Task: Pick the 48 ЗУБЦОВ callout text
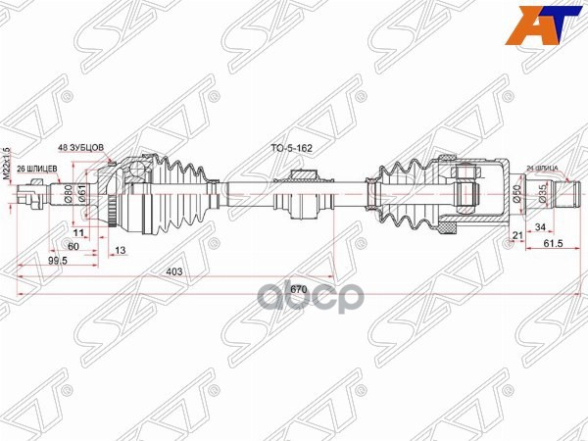[85, 145]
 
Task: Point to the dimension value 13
[120, 251]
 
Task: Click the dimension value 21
[516, 235]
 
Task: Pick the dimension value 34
[542, 228]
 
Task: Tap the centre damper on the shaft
[299, 197]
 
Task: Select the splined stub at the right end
[565, 196]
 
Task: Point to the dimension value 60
[74, 247]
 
